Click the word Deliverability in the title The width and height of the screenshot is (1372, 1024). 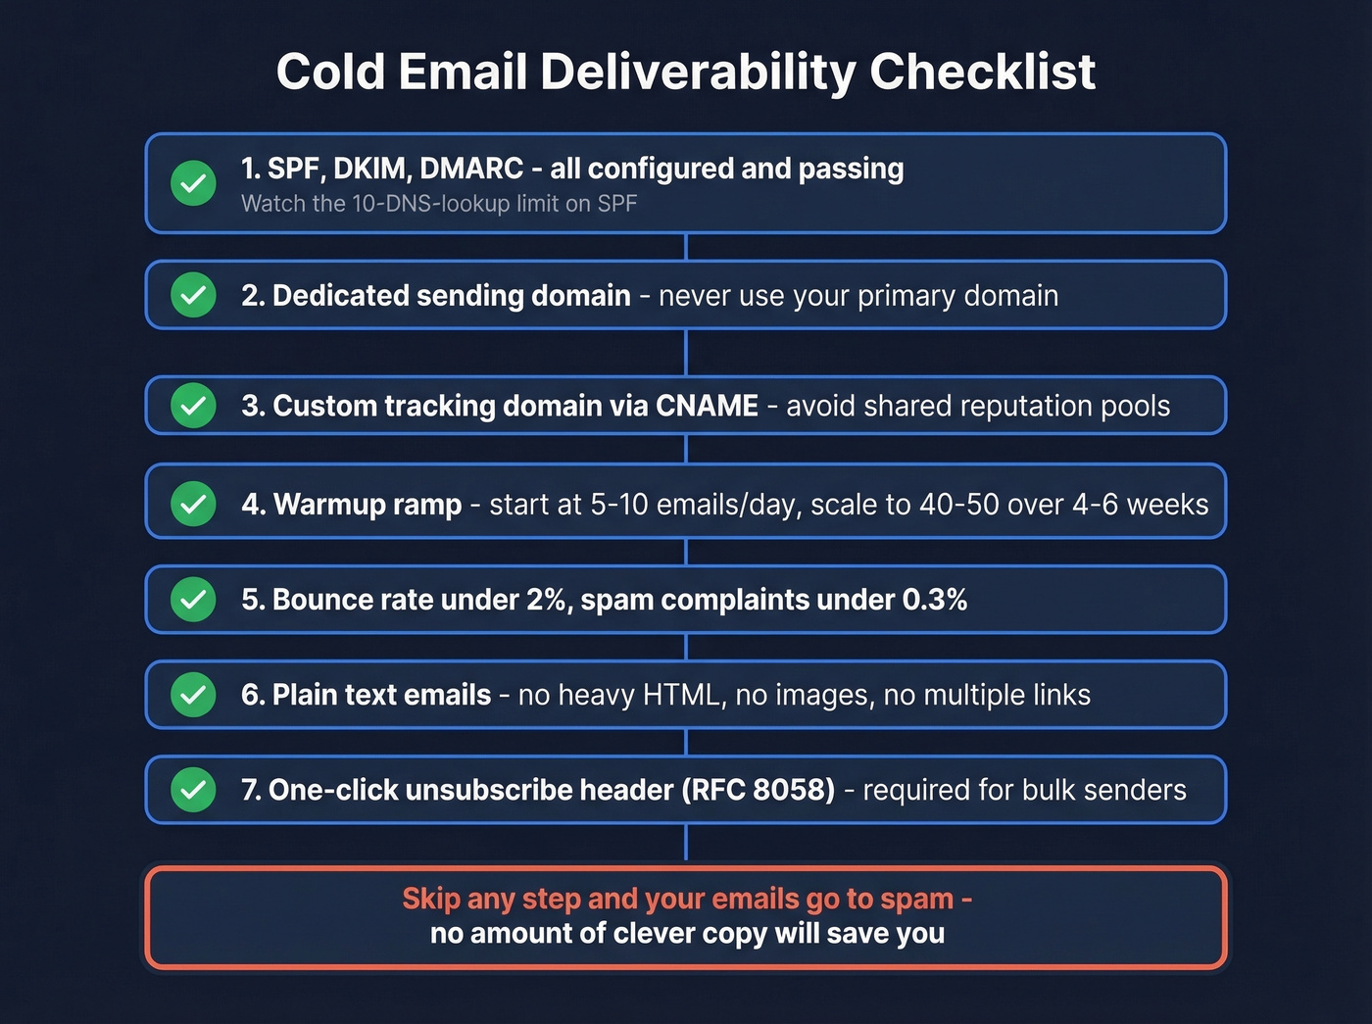697,73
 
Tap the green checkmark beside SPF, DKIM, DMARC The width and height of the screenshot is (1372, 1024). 194,183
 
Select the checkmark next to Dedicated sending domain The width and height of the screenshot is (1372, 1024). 194,295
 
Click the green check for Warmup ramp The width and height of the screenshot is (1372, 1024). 194,504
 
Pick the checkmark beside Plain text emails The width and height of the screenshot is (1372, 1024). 194,695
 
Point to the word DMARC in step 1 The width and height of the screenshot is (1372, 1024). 471,169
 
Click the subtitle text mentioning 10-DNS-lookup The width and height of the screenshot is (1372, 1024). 439,204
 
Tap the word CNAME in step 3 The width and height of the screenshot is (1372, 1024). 707,406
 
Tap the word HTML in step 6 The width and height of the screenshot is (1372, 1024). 682,695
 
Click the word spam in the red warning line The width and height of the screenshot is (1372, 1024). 916,899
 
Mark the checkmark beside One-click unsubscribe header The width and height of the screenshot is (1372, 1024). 194,790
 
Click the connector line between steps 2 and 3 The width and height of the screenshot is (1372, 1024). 686,352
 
